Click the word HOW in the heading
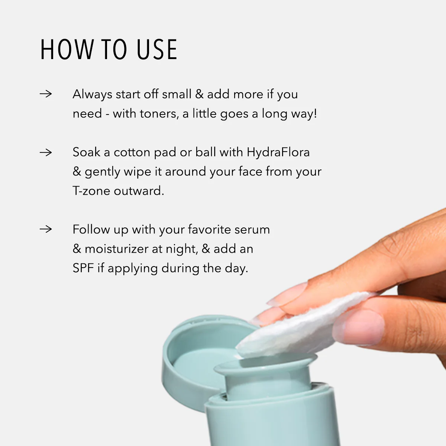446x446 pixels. pos(67,49)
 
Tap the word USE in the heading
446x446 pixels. pos(156,49)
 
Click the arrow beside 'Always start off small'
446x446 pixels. pos(46,94)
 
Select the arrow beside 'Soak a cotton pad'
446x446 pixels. pos(46,152)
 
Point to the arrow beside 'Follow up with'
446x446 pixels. pos(46,229)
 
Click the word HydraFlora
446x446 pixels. pos(278,152)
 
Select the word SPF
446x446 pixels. pos(83,268)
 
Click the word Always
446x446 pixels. pos(92,94)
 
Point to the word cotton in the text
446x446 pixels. pos(132,152)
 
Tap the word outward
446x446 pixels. pos(139,191)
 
